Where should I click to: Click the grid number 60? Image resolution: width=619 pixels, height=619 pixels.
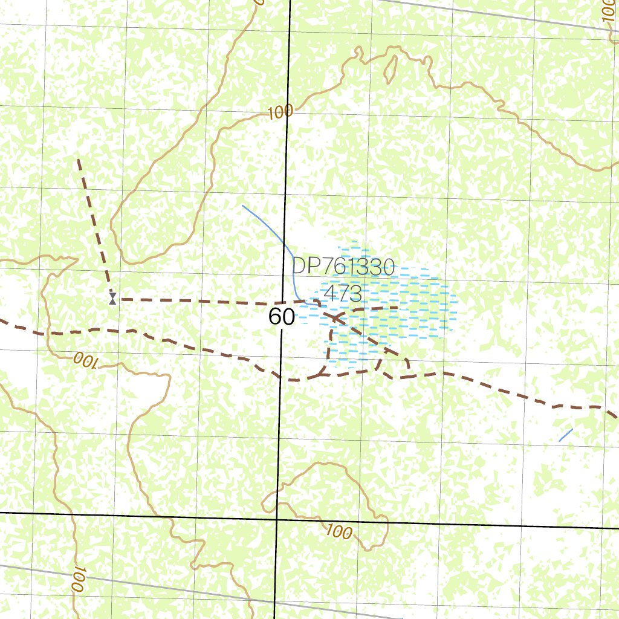click(x=282, y=317)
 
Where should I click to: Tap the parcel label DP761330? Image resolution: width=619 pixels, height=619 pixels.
click(x=343, y=267)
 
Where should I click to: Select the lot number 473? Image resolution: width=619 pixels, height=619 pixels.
click(x=343, y=293)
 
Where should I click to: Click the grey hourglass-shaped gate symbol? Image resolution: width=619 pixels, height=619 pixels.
click(x=112, y=298)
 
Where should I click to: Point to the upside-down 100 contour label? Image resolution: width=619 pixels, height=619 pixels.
click(x=85, y=361)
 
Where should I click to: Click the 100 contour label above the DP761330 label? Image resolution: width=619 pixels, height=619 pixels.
click(x=280, y=112)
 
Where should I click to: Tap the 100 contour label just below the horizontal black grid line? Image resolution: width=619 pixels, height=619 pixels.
click(x=339, y=533)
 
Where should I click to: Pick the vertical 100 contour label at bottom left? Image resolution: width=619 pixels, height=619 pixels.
click(x=77, y=580)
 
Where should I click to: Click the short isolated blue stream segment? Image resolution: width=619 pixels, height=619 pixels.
click(x=566, y=435)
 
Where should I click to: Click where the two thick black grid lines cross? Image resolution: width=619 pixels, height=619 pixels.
click(x=277, y=518)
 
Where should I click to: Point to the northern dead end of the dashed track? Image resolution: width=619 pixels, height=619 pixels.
click(x=79, y=160)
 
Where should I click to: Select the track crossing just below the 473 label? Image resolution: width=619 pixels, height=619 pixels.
click(x=336, y=316)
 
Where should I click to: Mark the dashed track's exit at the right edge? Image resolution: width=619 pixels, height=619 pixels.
click(x=615, y=416)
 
